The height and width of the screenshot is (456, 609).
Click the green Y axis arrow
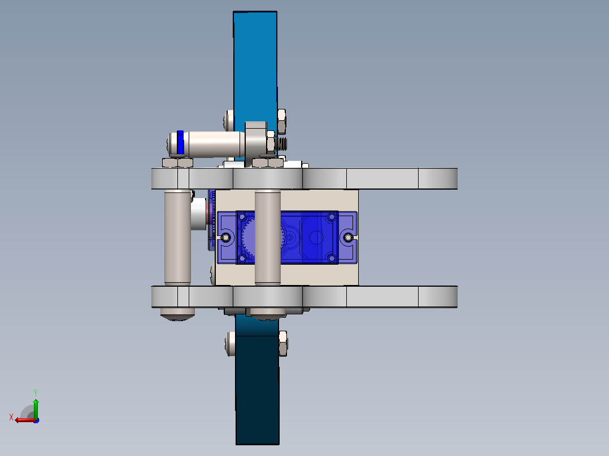click(36, 407)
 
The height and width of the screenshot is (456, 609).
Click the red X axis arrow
click(25, 420)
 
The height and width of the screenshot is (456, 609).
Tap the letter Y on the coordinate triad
click(36, 392)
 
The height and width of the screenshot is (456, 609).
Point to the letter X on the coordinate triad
click(11, 417)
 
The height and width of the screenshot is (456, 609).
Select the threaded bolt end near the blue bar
click(282, 143)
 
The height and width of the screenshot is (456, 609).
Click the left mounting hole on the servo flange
click(225, 237)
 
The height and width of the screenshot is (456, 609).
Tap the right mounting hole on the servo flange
click(349, 237)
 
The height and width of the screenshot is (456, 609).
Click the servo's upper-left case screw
click(242, 217)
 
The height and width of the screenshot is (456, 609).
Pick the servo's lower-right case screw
click(331, 258)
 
